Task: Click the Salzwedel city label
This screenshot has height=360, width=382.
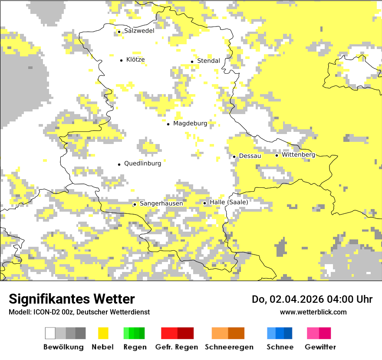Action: coord(139,31)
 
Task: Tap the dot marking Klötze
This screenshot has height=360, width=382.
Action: coord(122,60)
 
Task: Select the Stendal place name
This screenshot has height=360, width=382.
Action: coord(208,61)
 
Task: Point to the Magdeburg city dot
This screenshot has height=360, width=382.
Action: coord(168,124)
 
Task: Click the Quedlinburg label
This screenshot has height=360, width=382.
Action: coord(142,164)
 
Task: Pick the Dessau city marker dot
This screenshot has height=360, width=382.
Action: coord(234,156)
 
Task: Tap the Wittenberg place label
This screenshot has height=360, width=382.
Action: coord(298,155)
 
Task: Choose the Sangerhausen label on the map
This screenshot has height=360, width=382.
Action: coord(161,203)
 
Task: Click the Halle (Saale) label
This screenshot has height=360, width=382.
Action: coord(229,202)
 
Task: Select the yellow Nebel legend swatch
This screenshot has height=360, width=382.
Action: coord(103,333)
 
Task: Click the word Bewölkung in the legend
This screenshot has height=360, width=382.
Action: coord(63,347)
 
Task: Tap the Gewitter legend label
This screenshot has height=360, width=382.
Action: coord(320,347)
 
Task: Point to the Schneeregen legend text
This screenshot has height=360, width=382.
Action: coord(229,347)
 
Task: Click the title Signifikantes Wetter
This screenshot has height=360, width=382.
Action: coord(72,299)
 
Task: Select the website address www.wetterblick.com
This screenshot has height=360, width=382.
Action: coord(313,312)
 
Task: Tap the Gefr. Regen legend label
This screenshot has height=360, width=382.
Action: coord(176,347)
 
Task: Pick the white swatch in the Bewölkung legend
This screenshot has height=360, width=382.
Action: coord(50,333)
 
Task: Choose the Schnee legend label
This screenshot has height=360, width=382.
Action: coord(280,347)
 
